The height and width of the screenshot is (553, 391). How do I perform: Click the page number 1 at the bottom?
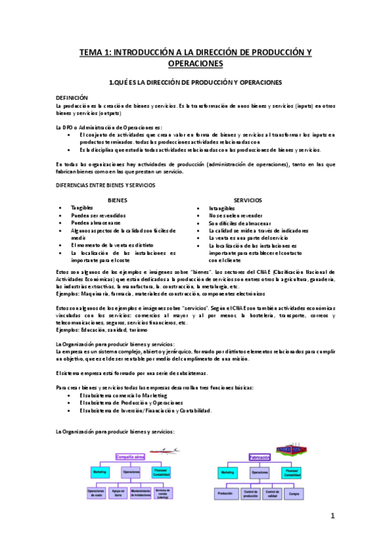point(332,516)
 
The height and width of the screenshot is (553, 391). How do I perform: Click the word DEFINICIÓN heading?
point(72,97)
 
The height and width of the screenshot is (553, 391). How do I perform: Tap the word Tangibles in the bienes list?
point(82,207)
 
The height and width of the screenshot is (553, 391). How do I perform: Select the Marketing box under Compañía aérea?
point(100,471)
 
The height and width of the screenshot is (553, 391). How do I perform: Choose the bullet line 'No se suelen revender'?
point(236,215)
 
